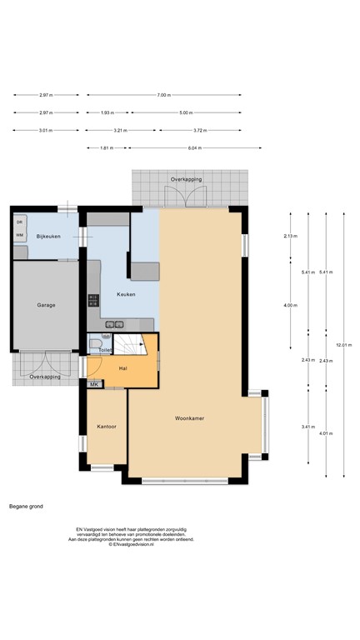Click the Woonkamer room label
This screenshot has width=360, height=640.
pyautogui.click(x=191, y=417)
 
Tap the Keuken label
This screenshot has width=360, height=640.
pyautogui.click(x=126, y=293)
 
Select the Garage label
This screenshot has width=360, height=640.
pyautogui.click(x=46, y=305)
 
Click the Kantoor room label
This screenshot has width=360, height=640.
pyautogui.click(x=106, y=426)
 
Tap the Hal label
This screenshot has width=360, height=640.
pyautogui.click(x=122, y=367)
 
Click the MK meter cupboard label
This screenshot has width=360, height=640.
pyautogui.click(x=94, y=384)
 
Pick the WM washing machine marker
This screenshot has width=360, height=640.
pyautogui.click(x=19, y=235)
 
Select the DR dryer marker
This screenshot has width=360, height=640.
pyautogui.click(x=19, y=222)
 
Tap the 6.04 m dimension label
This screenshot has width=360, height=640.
pyautogui.click(x=195, y=148)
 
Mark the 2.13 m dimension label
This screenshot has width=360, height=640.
pyautogui.click(x=290, y=237)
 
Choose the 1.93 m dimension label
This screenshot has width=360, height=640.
pyautogui.click(x=107, y=112)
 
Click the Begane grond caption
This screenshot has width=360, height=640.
pyautogui.click(x=26, y=506)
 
